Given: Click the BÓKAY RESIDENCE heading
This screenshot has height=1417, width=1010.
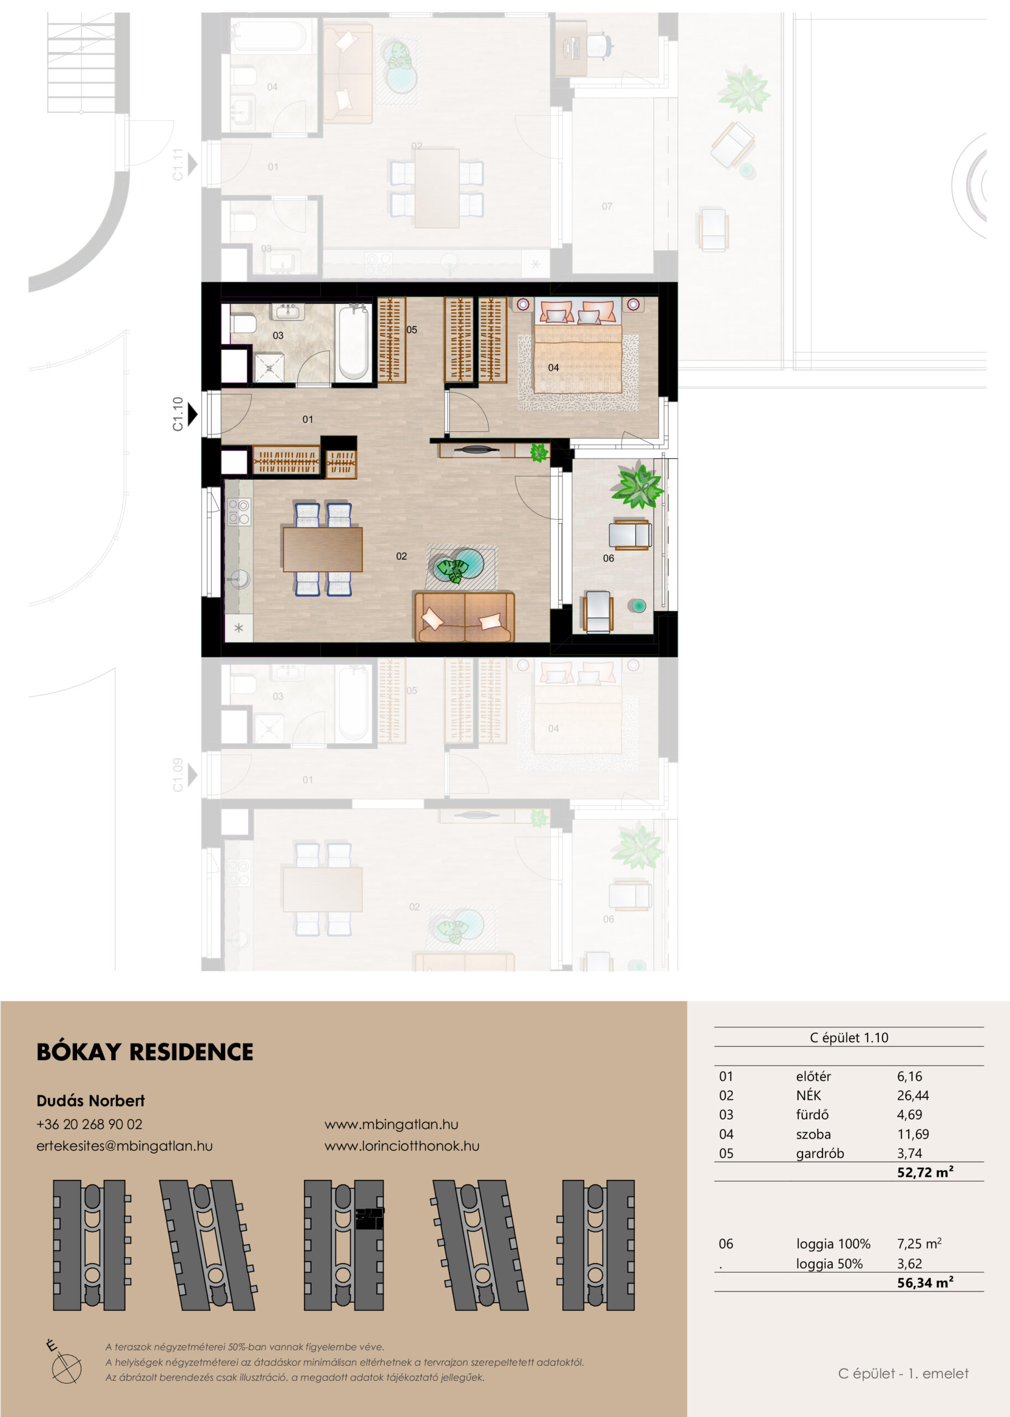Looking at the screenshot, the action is point(145,1052).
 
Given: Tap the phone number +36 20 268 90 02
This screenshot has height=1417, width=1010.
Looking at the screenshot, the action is point(89,1124).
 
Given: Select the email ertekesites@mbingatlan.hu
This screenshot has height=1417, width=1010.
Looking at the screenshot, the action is point(125,1146).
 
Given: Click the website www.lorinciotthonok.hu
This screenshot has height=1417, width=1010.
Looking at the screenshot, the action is point(402,1146).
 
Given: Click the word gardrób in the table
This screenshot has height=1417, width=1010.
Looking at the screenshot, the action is point(820,1154).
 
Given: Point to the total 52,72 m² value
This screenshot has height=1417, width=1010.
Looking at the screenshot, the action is point(925,1172).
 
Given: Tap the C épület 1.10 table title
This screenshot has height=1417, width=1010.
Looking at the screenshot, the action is point(849,1037).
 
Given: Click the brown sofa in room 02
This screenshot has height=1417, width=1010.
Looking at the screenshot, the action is point(464,617).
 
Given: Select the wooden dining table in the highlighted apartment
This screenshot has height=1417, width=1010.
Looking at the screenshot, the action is point(322,549).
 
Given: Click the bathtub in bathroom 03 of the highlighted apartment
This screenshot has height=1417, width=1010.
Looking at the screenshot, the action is point(353,342).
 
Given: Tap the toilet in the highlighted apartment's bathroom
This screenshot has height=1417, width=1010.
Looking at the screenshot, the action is point(243,323).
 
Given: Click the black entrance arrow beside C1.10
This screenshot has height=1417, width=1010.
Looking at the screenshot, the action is point(193,413).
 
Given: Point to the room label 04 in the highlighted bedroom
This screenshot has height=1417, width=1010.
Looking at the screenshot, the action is point(553,368).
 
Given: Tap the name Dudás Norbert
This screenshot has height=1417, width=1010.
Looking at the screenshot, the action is point(91,1101).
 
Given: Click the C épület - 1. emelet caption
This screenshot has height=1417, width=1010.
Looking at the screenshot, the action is point(903,1373).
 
